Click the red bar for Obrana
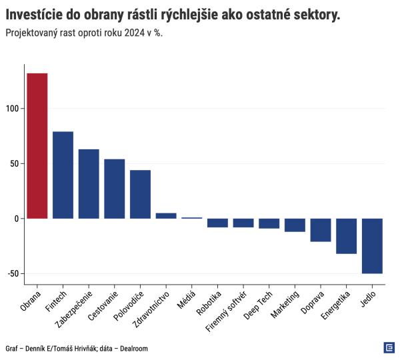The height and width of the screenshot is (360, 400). [x=37, y=145]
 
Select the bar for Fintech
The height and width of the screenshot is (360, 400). [x=63, y=175]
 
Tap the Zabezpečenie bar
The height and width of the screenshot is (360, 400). [x=89, y=183]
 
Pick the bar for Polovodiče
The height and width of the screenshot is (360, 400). [x=140, y=194]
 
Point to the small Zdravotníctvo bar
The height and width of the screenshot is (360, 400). [x=166, y=215]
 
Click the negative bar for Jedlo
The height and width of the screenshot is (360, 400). [x=372, y=245]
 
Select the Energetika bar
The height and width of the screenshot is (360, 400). [x=346, y=236]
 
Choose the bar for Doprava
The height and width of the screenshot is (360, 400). [x=321, y=230]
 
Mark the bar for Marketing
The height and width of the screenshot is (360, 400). [x=295, y=225]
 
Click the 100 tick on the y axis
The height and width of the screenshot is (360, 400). [x=14, y=109]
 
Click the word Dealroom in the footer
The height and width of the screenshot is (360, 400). [x=131, y=348]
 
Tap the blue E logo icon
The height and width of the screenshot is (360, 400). [x=389, y=347]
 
